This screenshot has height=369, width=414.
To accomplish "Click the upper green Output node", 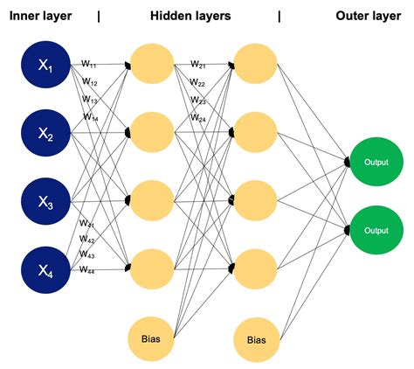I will pos(376,162).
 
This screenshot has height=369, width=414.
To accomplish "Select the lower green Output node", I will pos(376,230).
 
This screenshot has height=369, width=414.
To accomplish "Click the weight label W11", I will pos(90,63).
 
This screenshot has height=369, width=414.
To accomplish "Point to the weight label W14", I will pos(90,116).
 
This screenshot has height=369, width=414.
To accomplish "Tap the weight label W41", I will pos(86,225).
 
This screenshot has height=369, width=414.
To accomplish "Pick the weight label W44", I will pos(86,271).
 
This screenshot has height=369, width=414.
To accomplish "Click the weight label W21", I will pos(198,64).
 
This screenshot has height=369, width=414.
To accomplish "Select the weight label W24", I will pos(198,117).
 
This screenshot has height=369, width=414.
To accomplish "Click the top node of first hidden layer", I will pos(152,61).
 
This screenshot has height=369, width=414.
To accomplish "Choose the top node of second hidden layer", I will pos(256,61).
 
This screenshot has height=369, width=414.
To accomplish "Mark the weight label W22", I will pos(198,82).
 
